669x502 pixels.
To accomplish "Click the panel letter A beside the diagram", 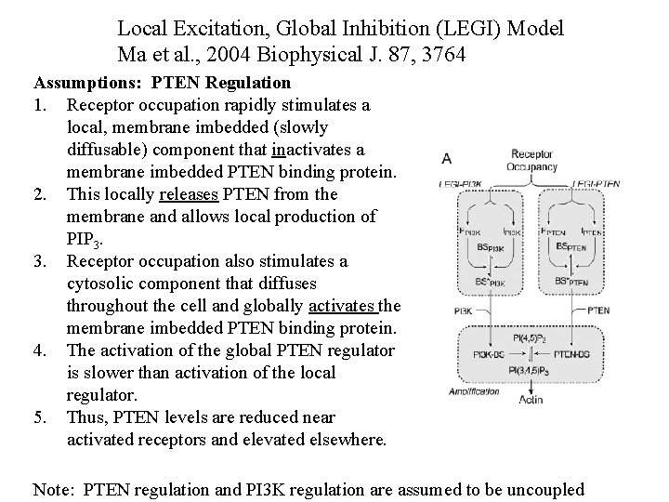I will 447,159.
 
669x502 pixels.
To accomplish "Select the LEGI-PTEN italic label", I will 597,184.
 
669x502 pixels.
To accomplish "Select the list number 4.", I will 40,350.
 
